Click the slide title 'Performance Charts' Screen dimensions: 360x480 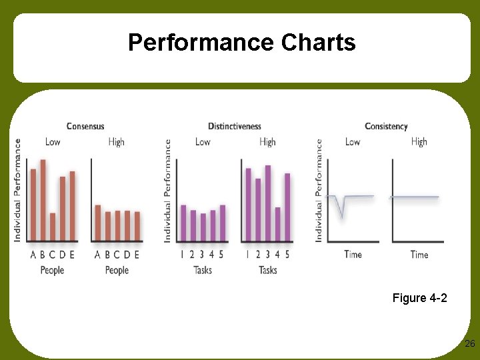pos(241,43)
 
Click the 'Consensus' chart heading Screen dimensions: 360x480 pos(85,126)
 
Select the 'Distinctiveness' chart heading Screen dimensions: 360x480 pos(235,126)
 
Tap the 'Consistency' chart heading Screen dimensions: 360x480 pos(386,126)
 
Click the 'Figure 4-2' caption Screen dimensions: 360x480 pos(420,298)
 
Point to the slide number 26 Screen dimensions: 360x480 pos(469,344)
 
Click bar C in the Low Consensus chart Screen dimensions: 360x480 pos(53,227)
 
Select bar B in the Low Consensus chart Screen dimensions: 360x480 pos(43,200)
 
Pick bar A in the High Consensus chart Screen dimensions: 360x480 pos(98,223)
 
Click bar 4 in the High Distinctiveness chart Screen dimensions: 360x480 pos(277,224)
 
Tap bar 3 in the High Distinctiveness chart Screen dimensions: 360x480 pos(268,203)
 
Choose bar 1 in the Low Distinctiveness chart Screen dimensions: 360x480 pos(183,223)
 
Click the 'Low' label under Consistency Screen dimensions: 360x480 pos(353,141)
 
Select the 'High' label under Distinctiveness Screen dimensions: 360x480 pos(267,141)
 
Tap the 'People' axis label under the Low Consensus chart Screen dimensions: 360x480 pos(52,270)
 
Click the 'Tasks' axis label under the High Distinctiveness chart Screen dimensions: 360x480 pos(267,270)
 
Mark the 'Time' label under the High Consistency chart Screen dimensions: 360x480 pos(419,254)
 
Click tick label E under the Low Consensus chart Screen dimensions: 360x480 pos(72,254)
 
